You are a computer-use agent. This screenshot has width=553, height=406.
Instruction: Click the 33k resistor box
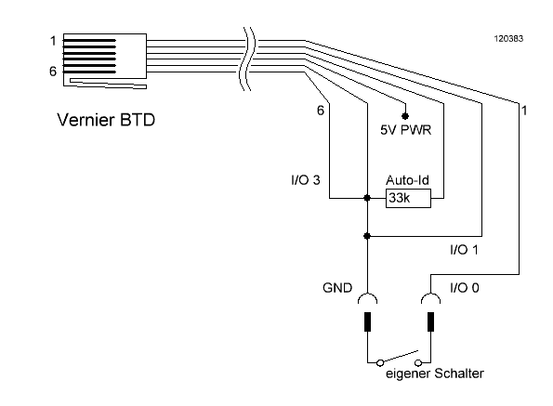coord(408,199)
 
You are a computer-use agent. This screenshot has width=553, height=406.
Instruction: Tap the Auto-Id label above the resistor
coord(407,180)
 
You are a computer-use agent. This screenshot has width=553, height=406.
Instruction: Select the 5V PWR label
coord(405,130)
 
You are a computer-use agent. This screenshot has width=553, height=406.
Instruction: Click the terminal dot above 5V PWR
coord(405,116)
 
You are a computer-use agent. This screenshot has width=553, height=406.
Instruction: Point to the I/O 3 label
coord(306,180)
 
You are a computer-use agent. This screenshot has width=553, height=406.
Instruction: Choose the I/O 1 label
coord(464,250)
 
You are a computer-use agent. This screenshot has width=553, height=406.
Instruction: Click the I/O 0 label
coord(465,288)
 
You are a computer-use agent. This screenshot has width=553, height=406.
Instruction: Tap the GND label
coord(337,288)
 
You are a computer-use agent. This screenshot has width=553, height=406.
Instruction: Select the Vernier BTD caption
coord(106,120)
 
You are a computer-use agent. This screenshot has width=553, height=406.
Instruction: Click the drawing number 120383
coord(508,39)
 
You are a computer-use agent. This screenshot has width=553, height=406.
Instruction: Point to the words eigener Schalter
coord(435,373)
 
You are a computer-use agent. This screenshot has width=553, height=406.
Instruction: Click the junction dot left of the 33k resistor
coord(367,198)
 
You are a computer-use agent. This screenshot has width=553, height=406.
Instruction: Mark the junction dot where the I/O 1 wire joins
coord(367,236)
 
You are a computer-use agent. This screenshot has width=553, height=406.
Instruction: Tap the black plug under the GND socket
coord(367,321)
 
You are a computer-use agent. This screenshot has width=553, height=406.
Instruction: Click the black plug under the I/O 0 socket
coord(430,321)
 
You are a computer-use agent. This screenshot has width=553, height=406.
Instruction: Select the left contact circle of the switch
coord(380,362)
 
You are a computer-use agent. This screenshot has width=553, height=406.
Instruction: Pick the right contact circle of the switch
coord(418,362)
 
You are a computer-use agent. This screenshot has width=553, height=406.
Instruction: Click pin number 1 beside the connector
coord(53,41)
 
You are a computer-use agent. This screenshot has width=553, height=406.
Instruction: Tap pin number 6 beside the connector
coord(53,72)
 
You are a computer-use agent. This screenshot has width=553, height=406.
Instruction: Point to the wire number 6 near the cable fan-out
coord(321,111)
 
